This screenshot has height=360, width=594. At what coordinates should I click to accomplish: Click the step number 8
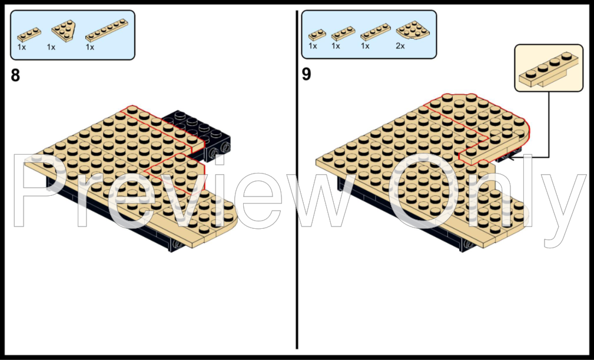click(x=16, y=75)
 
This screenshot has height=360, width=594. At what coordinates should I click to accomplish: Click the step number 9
click(x=307, y=75)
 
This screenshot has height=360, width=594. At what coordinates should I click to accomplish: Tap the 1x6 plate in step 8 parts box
click(x=106, y=30)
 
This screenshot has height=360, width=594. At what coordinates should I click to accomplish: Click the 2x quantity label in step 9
click(x=401, y=46)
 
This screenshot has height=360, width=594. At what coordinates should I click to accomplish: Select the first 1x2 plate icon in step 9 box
click(x=317, y=34)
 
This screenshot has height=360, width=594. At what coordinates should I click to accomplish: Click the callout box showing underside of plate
click(x=549, y=68)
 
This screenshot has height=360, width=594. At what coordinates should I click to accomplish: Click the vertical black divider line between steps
click(x=297, y=176)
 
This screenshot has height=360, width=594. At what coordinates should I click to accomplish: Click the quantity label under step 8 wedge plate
click(x=51, y=47)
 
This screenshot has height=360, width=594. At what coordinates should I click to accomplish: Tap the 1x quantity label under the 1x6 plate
click(x=90, y=47)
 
